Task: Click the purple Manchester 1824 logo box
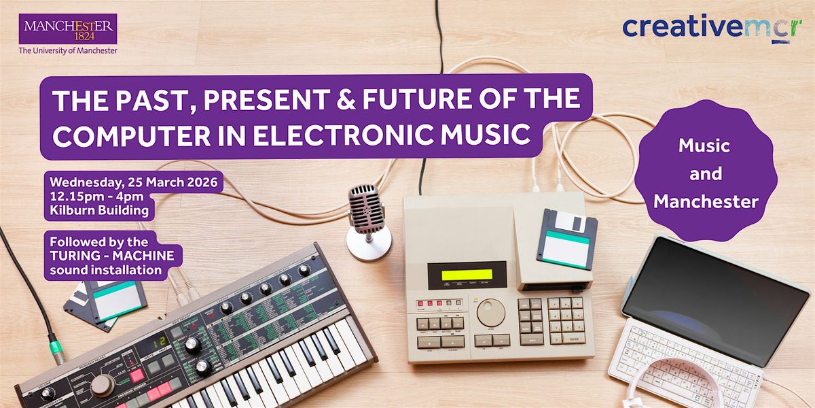click(x=68, y=29)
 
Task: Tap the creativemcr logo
click(x=712, y=28)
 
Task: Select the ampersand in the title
click(x=346, y=99)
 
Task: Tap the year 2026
click(x=202, y=182)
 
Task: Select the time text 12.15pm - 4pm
click(x=96, y=197)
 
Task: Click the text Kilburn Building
click(x=99, y=210)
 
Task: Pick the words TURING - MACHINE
click(x=112, y=256)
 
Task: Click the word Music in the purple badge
click(x=704, y=146)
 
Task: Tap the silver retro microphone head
click(x=365, y=209)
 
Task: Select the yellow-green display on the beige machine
click(x=467, y=275)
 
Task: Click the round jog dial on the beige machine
click(x=491, y=313)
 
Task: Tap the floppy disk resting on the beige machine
click(x=567, y=239)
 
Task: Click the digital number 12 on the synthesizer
click(x=159, y=343)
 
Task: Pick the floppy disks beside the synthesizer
click(x=105, y=305)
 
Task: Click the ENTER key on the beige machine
click(x=574, y=339)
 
